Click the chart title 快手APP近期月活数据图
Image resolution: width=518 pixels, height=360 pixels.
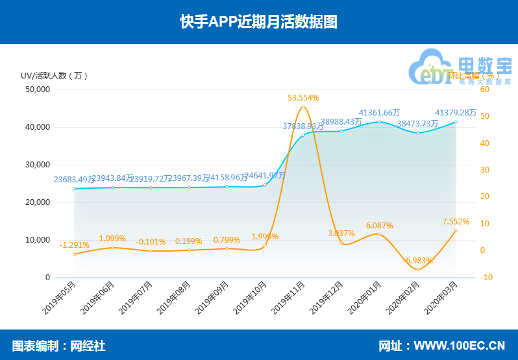pyautogui.click(x=258, y=22)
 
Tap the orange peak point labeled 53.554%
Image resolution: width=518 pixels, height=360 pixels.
pyautogui.click(x=303, y=106)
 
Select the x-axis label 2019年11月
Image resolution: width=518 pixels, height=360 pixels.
pyautogui.click(x=289, y=297)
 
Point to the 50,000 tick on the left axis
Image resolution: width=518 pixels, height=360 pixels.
pyautogui.click(x=38, y=90)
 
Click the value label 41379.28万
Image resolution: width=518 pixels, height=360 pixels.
pyautogui.click(x=455, y=112)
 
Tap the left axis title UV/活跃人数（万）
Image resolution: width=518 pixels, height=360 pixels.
pyautogui.click(x=55, y=75)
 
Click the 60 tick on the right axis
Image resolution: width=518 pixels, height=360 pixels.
pyautogui.click(x=484, y=90)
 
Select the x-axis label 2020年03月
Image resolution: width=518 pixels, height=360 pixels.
pyautogui.click(x=441, y=297)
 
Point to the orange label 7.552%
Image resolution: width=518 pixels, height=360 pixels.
pyautogui.click(x=456, y=221)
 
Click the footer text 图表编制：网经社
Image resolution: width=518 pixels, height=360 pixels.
pyautogui.click(x=58, y=346)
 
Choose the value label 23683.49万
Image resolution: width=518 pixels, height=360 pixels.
pyautogui.click(x=74, y=179)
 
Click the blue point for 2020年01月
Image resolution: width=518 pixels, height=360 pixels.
pyautogui.click(x=380, y=122)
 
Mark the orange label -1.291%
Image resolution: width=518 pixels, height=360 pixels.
pyautogui.click(x=74, y=245)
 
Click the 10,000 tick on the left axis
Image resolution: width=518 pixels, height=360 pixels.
pyautogui.click(x=38, y=240)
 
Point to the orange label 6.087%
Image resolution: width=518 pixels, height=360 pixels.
pyautogui.click(x=380, y=225)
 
